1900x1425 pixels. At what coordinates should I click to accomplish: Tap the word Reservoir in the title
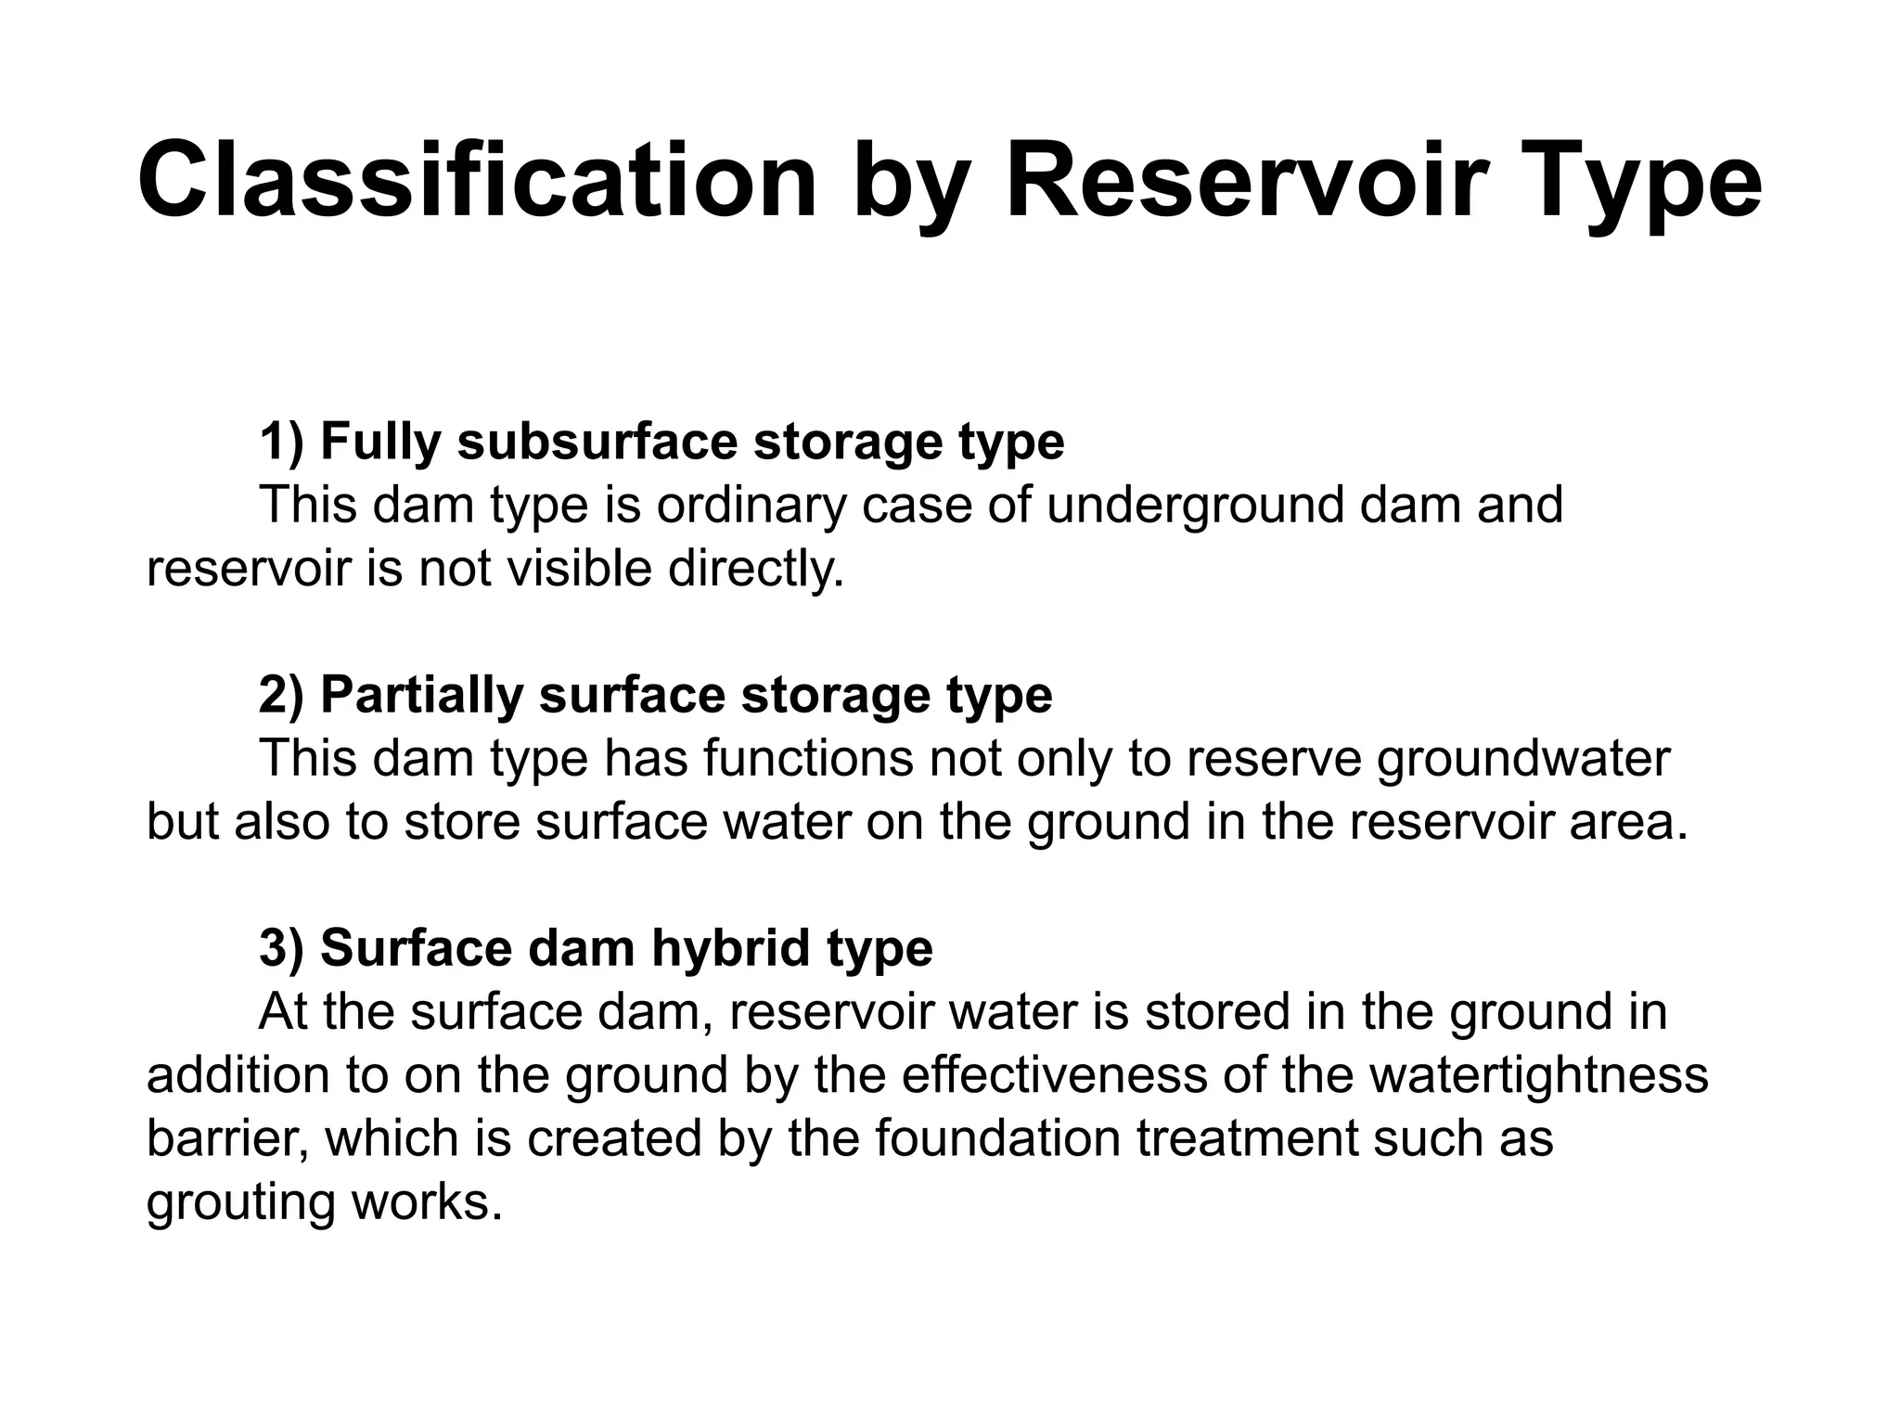pyautogui.click(x=1240, y=180)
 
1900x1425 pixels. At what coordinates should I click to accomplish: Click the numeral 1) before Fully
pyautogui.click(x=281, y=442)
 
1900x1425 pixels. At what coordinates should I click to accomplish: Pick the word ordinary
pyautogui.click(x=752, y=505)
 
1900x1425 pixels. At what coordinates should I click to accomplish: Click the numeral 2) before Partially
pyautogui.click(x=281, y=695)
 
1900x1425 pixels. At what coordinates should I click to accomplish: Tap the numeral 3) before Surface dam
pyautogui.click(x=281, y=948)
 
